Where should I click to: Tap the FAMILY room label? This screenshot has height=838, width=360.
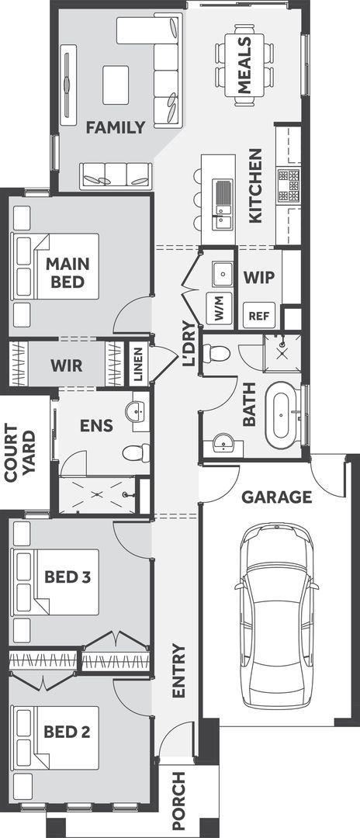(116, 127)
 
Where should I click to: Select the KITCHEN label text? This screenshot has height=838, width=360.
(255, 185)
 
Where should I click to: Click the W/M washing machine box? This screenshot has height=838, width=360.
(220, 308)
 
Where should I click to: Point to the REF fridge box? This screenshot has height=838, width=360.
(260, 315)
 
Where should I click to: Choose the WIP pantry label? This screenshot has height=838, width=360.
(259, 278)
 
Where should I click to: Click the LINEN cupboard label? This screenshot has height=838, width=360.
(138, 364)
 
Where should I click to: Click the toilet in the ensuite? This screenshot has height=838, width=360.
(137, 453)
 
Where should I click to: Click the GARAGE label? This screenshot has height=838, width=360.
(277, 497)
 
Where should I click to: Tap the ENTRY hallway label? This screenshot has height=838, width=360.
(178, 670)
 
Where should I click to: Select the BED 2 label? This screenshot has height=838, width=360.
(67, 732)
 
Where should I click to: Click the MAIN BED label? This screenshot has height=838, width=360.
(67, 272)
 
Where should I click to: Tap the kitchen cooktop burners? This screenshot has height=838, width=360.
(288, 185)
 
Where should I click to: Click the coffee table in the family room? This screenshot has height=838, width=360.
(116, 85)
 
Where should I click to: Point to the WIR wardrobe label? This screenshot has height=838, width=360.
(67, 365)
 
